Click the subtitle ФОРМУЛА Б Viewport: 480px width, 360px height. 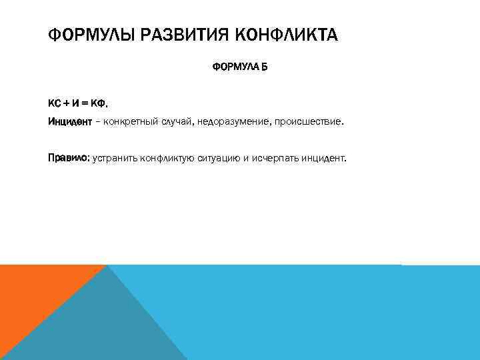(x=239, y=67)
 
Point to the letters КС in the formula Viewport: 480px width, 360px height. (x=54, y=103)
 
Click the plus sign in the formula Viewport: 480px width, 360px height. (x=66, y=103)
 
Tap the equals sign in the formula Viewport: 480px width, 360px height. (x=87, y=103)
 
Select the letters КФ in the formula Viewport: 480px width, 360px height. (x=99, y=103)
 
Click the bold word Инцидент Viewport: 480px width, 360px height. (x=67, y=122)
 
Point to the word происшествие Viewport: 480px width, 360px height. (x=307, y=122)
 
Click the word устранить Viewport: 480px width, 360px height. (x=115, y=159)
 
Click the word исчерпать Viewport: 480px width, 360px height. (x=279, y=159)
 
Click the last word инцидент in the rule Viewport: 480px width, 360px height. (x=326, y=159)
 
